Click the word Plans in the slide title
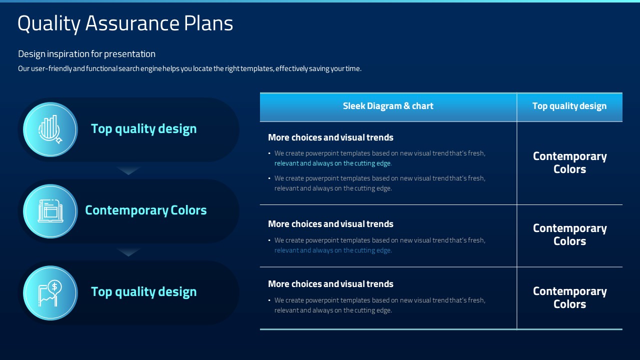pyautogui.click(x=208, y=23)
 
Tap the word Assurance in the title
pyautogui.click(x=132, y=23)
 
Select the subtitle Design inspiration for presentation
pyautogui.click(x=86, y=53)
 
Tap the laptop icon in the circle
pyautogui.click(x=50, y=211)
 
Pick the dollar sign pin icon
pyautogui.click(x=50, y=293)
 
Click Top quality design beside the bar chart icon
pyautogui.click(x=143, y=129)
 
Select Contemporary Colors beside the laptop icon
pyautogui.click(x=145, y=210)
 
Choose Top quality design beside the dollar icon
pyautogui.click(x=143, y=292)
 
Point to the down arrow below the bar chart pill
pyautogui.click(x=128, y=170)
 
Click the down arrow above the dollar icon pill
pyautogui.click(x=128, y=252)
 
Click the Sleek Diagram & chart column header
pyautogui.click(x=388, y=106)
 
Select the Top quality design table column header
pyautogui.click(x=569, y=106)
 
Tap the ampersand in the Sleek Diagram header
pyautogui.click(x=407, y=106)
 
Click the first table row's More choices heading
pyautogui.click(x=330, y=137)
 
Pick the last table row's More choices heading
pyautogui.click(x=330, y=284)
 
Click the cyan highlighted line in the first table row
pyautogui.click(x=333, y=163)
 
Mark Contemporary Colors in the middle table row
pyautogui.click(x=569, y=234)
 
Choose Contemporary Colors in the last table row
pyautogui.click(x=569, y=297)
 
